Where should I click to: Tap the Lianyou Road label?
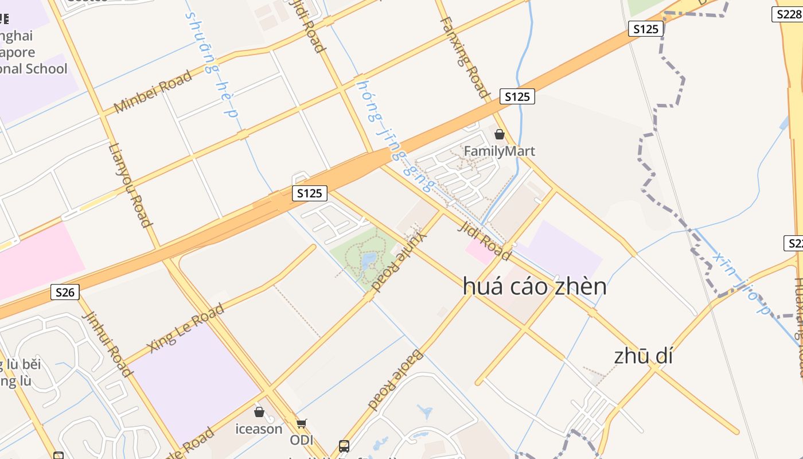coord(130,185)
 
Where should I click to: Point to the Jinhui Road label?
coord(115,344)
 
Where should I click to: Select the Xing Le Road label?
coord(193,329)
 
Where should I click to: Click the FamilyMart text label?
coord(499,151)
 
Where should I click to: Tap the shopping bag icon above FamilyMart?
coord(500,134)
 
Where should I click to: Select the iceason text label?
coord(259,429)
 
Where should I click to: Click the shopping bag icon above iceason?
coord(259,412)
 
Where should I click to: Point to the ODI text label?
coord(302,440)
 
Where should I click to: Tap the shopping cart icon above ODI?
coord(301,423)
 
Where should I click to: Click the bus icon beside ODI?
coord(344,445)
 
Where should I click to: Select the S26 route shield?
coord(65,292)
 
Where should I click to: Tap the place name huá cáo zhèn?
coord(534,286)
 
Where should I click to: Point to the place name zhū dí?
coord(643,356)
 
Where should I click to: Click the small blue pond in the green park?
coord(368,261)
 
